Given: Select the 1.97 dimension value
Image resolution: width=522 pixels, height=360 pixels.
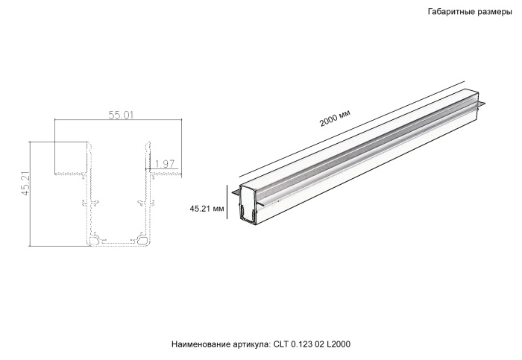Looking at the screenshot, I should pyautogui.click(x=164, y=163).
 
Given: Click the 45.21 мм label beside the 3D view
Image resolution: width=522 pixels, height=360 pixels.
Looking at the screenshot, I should pyautogui.click(x=207, y=209).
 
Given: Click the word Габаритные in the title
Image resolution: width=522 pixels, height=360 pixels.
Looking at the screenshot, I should pyautogui.click(x=450, y=13).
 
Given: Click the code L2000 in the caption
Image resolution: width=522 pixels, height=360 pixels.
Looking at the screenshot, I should pyautogui.click(x=339, y=344).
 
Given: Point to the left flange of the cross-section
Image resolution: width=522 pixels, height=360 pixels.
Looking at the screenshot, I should pyautogui.click(x=71, y=174).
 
